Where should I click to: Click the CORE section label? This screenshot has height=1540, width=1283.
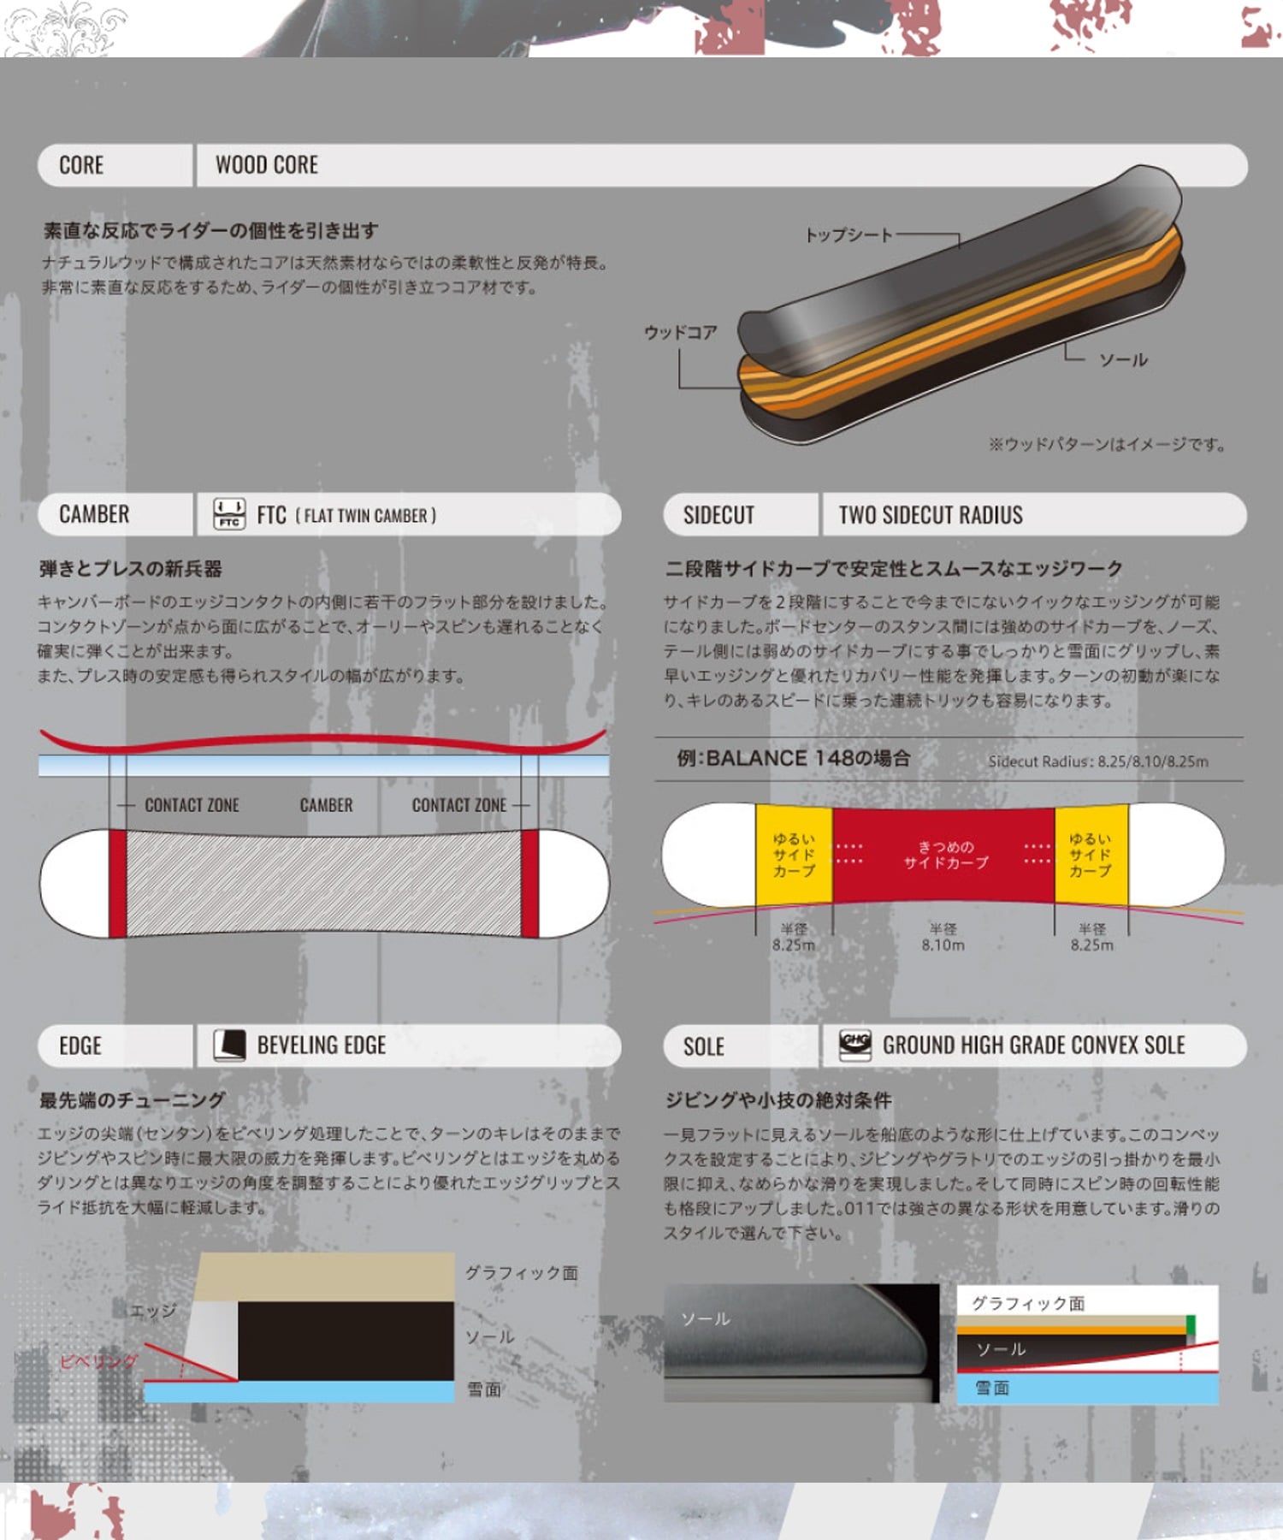[81, 165]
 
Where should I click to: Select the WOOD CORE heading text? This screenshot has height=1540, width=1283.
[266, 165]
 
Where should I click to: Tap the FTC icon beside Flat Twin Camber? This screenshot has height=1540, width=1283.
[229, 514]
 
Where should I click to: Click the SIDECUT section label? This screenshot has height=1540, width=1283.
[718, 515]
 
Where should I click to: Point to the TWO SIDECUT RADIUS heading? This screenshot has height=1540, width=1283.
[930, 515]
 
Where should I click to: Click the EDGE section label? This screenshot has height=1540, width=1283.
[80, 1046]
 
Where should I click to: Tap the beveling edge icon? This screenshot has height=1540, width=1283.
[229, 1045]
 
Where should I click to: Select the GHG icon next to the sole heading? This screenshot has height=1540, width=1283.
[855, 1045]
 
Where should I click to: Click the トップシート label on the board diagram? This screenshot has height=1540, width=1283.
[848, 234]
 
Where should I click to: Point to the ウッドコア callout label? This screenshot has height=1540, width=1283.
[681, 332]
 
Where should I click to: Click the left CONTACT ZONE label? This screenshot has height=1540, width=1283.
[192, 805]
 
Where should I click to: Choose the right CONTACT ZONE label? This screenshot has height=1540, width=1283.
[459, 805]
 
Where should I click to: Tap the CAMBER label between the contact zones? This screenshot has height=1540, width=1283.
[326, 805]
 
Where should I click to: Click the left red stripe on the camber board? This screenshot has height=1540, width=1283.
[118, 883]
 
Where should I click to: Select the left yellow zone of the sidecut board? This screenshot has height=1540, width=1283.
[794, 855]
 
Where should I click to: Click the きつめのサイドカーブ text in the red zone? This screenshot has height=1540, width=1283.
[946, 855]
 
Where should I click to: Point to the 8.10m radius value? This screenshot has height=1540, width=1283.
[943, 945]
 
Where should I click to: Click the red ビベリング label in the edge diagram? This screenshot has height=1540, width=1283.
[99, 1361]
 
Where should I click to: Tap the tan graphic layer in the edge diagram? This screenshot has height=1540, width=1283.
[325, 1277]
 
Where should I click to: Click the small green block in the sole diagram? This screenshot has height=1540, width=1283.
[1191, 1327]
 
